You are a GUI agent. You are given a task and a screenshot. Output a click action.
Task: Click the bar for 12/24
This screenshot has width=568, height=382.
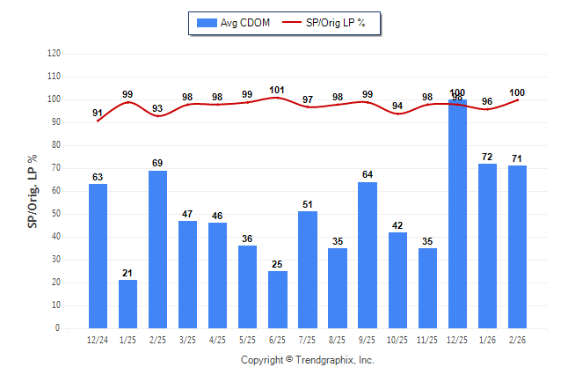pos(98,256)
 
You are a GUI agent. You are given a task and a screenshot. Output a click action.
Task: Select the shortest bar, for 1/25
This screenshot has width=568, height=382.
pos(127,304)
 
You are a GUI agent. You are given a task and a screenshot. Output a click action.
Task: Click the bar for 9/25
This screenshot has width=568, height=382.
pos(368,255)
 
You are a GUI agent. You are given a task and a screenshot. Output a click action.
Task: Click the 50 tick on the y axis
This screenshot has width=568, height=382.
pos(55,214)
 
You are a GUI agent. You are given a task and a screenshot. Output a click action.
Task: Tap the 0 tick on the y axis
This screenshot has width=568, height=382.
pos(58,328)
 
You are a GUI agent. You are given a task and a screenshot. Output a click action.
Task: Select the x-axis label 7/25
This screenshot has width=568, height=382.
pos(308,340)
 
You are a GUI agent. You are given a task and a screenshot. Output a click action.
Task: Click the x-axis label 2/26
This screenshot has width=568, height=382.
pos(517,340)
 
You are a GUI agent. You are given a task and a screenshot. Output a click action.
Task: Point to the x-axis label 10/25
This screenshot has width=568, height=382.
pos(397,340)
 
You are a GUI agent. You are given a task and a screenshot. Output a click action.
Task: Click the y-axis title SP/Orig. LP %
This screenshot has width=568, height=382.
pos(33,190)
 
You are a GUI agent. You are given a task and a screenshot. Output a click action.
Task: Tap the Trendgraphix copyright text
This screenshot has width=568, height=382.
pos(308,360)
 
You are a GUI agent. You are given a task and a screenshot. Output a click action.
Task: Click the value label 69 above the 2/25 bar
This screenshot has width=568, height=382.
pos(157,163)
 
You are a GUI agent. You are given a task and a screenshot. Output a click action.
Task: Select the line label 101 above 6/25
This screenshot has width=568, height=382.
pos(278,89)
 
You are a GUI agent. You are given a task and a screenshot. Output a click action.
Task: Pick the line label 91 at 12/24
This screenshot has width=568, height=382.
pos(98,112)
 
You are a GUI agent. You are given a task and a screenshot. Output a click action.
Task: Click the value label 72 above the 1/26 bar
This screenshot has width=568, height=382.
pos(487,157)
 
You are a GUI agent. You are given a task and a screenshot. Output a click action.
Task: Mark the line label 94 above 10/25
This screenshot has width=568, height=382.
pos(397,106)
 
